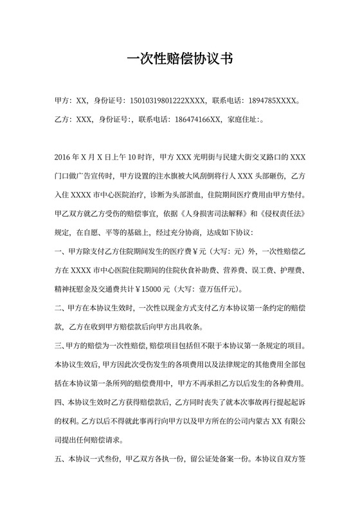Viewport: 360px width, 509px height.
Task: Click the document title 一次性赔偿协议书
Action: [179, 59]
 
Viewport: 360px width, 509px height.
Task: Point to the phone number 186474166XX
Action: [195, 120]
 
